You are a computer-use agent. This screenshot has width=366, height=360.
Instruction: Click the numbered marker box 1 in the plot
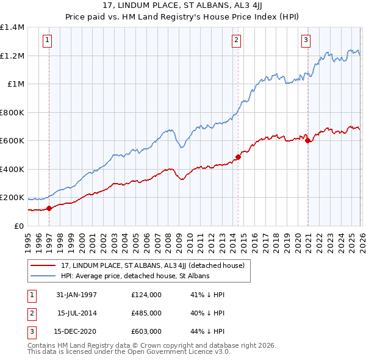(x=48, y=41)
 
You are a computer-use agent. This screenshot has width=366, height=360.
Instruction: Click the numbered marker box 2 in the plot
(x=237, y=41)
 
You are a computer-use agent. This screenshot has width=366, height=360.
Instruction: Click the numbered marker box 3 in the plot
(x=306, y=41)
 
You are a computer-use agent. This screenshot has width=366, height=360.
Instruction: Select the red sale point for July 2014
(x=238, y=157)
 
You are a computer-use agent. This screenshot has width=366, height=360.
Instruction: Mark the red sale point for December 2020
(x=307, y=141)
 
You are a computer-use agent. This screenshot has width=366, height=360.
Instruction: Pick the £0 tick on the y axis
(x=18, y=226)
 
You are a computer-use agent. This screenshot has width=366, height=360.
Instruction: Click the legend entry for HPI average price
(x=135, y=276)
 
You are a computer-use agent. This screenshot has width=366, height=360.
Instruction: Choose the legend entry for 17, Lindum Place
(x=152, y=265)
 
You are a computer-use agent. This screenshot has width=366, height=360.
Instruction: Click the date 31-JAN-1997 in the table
(x=76, y=295)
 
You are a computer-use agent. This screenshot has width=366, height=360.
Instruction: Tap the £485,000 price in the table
(x=146, y=313)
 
